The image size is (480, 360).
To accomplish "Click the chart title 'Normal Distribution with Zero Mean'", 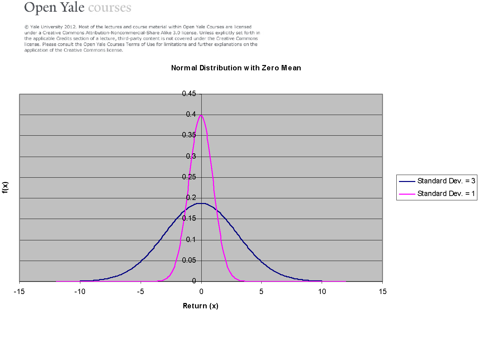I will coord(236,68).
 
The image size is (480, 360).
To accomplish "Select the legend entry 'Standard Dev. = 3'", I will coord(446,181).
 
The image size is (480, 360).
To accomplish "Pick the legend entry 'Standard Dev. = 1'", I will coord(446,194).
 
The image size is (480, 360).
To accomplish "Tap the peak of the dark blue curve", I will coord(201,203).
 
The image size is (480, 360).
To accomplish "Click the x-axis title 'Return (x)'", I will coord(200,306).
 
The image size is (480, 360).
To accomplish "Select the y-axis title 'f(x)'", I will coord(5,187).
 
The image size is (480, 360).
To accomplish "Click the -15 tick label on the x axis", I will coord(19,292).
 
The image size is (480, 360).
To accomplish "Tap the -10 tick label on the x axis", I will coord(80,292).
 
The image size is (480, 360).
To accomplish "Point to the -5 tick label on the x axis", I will coord(141,292).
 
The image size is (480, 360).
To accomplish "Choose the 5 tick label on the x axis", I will coord(261,292).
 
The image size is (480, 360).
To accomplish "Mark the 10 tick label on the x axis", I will coord(322,292).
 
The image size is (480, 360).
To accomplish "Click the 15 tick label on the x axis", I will coord(383,292).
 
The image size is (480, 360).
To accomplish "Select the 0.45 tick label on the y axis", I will coord(189,94).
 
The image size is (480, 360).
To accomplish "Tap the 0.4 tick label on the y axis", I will coord(191,114).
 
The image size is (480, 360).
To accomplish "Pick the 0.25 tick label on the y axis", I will coord(189,177).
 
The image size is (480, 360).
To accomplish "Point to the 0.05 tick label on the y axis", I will coord(189,260).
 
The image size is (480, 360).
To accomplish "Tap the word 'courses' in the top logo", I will coord(110,7).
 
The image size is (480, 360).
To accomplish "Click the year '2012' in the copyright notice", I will coord(70,27).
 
